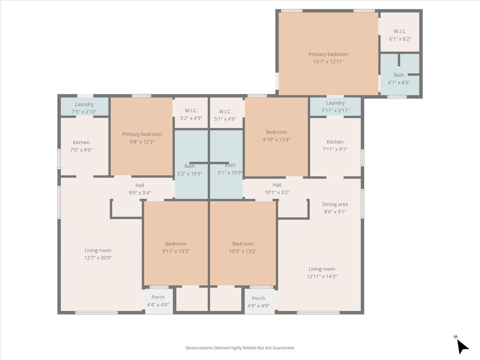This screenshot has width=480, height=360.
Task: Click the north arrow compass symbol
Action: pos(462,345)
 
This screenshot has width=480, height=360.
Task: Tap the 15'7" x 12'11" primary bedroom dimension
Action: pos(328,62)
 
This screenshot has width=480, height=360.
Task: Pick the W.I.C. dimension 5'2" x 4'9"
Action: pos(191,118)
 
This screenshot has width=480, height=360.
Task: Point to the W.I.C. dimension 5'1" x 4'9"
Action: pos(225,119)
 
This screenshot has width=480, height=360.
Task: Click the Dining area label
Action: pos(335,204)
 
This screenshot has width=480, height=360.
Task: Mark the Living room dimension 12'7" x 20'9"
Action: pos(98,258)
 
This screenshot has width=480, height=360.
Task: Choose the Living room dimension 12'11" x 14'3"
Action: pos(322,277)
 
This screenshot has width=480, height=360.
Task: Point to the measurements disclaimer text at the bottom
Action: pos(240,348)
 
